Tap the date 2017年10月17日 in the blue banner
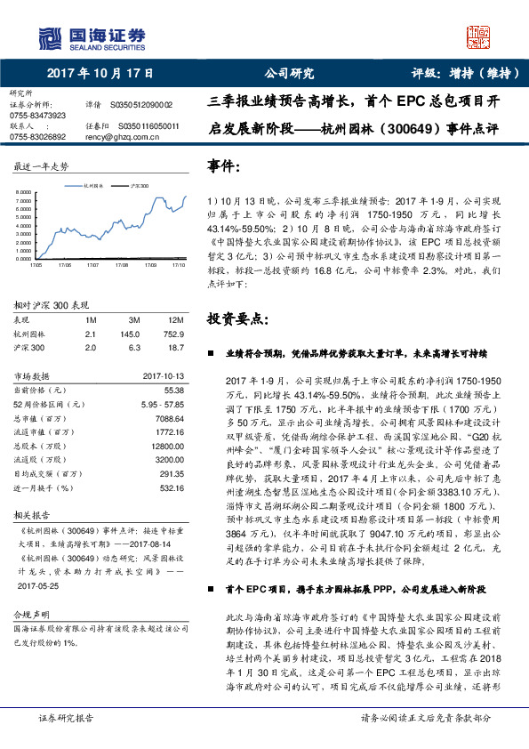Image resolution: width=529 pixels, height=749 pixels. (100, 74)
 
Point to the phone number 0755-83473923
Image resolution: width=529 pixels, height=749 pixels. (38, 116)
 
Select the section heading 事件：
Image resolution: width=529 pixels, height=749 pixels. (224, 165)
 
